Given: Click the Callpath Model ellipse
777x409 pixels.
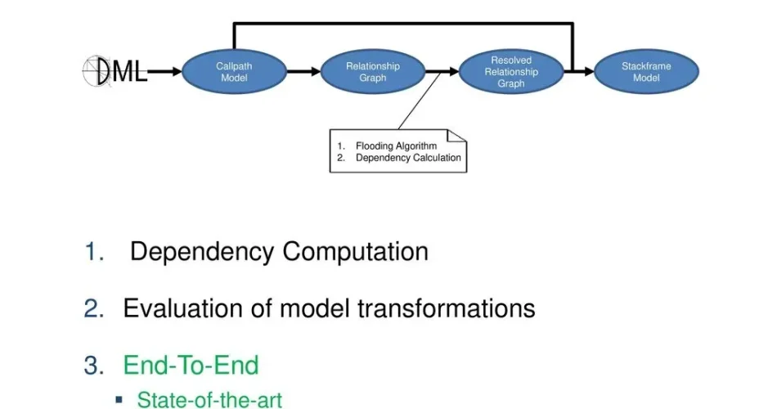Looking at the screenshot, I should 234,72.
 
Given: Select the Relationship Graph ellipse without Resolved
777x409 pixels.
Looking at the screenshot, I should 372,72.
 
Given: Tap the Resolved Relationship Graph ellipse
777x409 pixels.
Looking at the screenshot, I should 511,72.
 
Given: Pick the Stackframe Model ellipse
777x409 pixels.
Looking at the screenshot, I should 646,72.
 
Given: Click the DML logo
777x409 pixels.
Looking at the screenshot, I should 115,72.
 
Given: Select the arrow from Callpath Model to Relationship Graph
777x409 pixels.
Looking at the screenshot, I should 303,72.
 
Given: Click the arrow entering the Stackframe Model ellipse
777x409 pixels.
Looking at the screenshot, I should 582,72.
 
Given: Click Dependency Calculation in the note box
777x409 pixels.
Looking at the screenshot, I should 408,158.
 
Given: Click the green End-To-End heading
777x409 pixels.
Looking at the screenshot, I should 191,365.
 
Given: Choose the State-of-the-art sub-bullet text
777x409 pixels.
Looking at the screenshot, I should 209,400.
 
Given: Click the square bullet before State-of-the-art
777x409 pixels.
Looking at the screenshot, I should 119,400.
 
